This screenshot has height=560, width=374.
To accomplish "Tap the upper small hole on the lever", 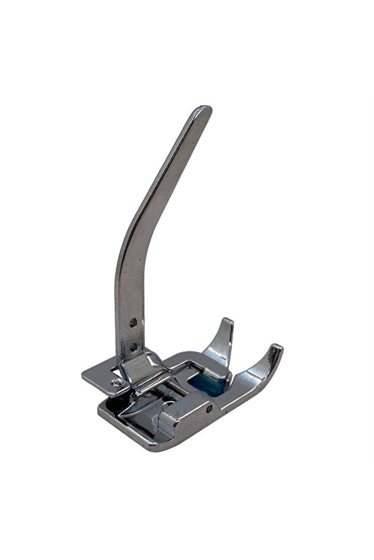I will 133,322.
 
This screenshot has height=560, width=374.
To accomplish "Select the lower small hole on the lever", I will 134,347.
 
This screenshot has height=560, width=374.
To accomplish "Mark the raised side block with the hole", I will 192,414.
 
